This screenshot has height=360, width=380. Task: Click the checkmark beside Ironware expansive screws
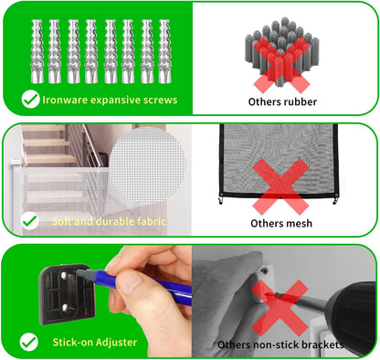coord(30,100)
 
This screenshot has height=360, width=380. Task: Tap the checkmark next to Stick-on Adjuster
coord(29,342)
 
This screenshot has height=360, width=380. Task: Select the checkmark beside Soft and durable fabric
coord(30,221)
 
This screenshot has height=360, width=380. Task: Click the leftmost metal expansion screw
coord(37,51)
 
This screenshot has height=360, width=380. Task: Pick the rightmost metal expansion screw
coord(164,51)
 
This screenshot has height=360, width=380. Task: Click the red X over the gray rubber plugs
coord(282,65)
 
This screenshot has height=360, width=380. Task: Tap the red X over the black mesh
coord(280,186)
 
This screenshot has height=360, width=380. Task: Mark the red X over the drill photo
coord(280,308)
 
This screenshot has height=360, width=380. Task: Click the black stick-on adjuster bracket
coord(67,294)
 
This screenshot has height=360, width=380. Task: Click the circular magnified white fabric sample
coord(148,165)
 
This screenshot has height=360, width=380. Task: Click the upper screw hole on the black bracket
coord(63,276)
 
